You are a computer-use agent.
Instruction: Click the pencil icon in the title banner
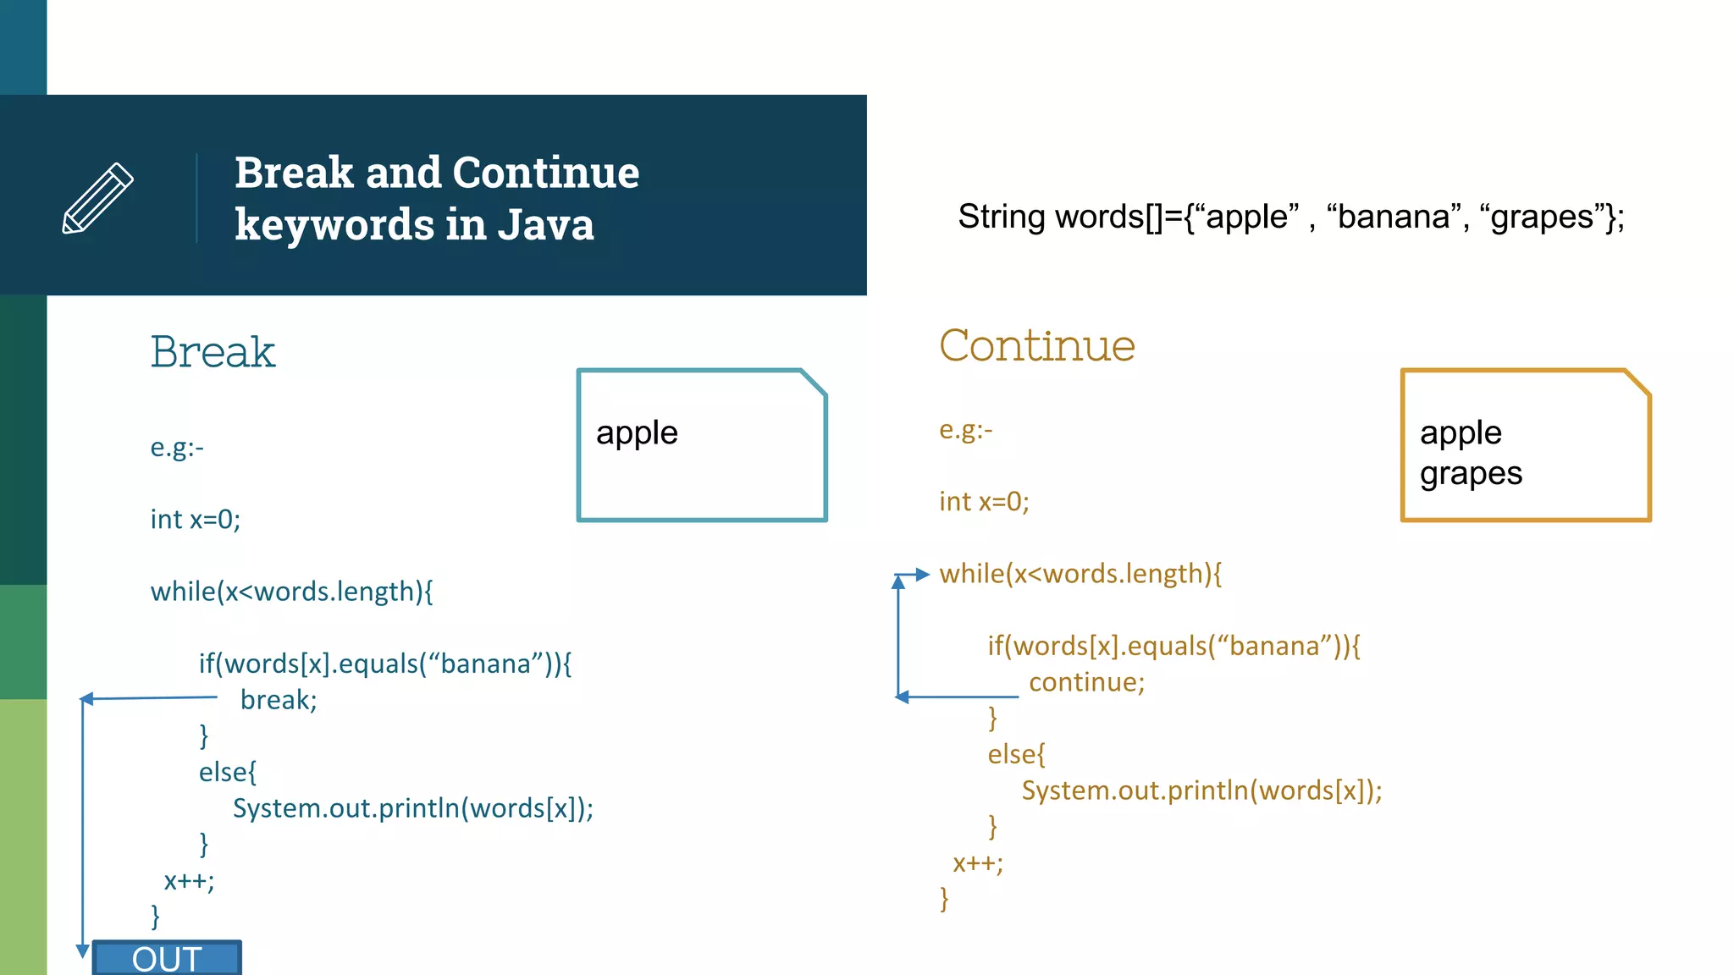click(x=98, y=197)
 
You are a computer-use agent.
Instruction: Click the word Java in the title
click(x=545, y=225)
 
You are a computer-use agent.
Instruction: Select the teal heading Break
click(x=213, y=352)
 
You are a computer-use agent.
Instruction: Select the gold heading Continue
click(x=1036, y=346)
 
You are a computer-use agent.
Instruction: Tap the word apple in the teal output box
click(x=637, y=433)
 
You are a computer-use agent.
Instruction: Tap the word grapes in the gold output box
click(x=1471, y=474)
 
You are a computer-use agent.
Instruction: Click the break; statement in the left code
click(x=279, y=700)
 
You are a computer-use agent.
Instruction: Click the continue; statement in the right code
click(x=1086, y=682)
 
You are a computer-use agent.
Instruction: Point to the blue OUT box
click(x=167, y=958)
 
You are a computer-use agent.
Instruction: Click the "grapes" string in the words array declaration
click(x=1543, y=218)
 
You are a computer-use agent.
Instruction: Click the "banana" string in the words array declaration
click(x=1394, y=218)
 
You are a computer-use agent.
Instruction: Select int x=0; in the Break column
click(x=196, y=519)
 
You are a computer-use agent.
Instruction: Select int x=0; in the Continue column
click(x=984, y=502)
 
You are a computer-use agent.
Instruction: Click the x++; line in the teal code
click(x=189, y=881)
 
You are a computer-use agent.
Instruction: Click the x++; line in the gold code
click(x=978, y=863)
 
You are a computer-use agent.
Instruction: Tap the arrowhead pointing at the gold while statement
click(x=923, y=575)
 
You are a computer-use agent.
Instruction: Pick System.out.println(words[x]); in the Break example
click(x=413, y=808)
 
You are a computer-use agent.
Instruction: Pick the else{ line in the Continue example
click(x=1016, y=754)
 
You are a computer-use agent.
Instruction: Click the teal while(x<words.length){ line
click(x=291, y=592)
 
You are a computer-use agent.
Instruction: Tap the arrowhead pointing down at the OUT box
click(x=83, y=950)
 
